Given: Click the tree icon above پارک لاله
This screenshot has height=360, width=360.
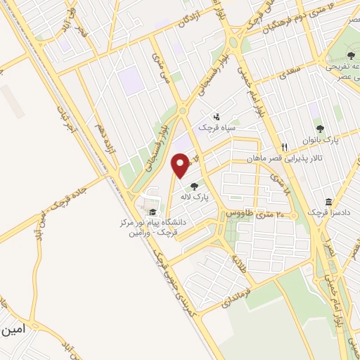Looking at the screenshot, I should pos(193,186).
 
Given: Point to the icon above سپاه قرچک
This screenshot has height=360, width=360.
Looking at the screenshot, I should pos(217,117).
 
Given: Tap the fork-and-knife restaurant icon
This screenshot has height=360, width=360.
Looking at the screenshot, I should pos(285,148).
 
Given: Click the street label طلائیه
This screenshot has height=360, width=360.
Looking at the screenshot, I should pos(240,264).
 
